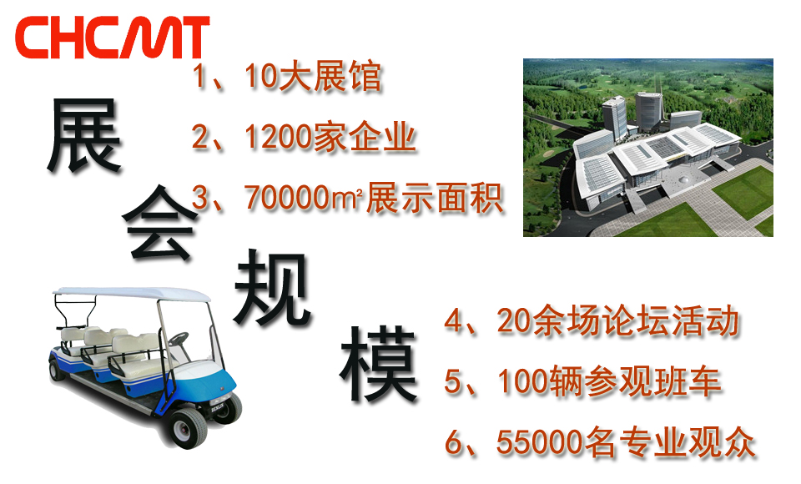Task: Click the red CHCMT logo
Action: click(x=113, y=38)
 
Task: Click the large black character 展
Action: click(x=83, y=135)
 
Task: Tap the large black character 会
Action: click(x=159, y=223)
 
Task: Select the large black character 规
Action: click(x=272, y=288)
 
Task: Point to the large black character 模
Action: click(x=379, y=364)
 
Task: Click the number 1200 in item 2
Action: click(x=279, y=137)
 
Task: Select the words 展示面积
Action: click(x=434, y=198)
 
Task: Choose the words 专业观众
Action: click(x=686, y=442)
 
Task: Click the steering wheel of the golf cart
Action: click(x=178, y=338)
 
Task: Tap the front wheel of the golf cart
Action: click(x=188, y=428)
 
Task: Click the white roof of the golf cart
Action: click(x=132, y=294)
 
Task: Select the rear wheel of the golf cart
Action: click(x=56, y=371)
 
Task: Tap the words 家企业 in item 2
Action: click(x=365, y=137)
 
